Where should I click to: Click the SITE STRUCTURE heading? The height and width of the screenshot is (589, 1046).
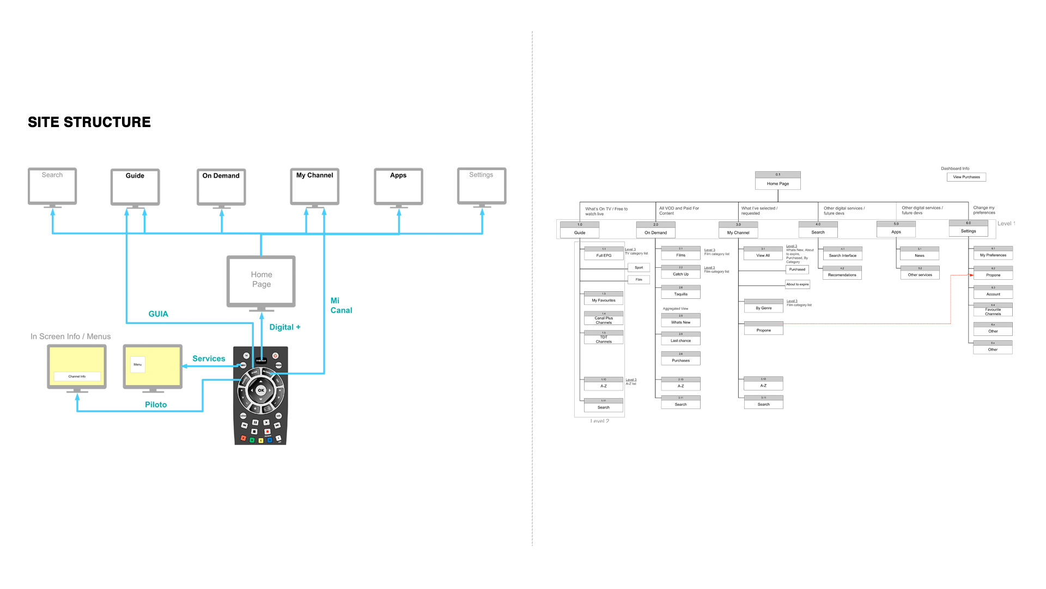point(89,122)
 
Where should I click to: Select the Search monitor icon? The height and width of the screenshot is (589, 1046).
point(52,187)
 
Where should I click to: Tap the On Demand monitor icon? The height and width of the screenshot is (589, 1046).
point(221,188)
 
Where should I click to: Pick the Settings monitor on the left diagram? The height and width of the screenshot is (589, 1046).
point(482,187)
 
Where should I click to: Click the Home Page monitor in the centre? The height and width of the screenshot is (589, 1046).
point(261,281)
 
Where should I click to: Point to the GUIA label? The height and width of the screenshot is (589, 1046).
point(158,314)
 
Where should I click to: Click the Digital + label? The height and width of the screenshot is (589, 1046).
point(285,327)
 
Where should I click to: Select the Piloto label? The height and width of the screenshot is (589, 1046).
point(156,405)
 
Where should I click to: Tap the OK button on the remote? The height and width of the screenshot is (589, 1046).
point(261,390)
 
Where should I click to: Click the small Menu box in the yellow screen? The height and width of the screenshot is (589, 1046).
point(138,364)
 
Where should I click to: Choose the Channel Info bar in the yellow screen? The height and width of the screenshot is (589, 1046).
point(77,376)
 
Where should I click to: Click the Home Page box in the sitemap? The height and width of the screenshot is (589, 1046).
point(777,181)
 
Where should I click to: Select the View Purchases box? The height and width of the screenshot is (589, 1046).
point(966,177)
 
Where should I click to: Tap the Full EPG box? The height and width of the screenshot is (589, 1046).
point(604,254)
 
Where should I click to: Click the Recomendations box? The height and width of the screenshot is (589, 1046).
point(842,273)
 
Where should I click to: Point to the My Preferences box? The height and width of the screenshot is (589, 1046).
point(993,254)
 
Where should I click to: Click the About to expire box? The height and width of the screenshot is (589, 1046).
point(798,284)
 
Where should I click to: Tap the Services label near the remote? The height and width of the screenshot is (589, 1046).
point(209,359)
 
